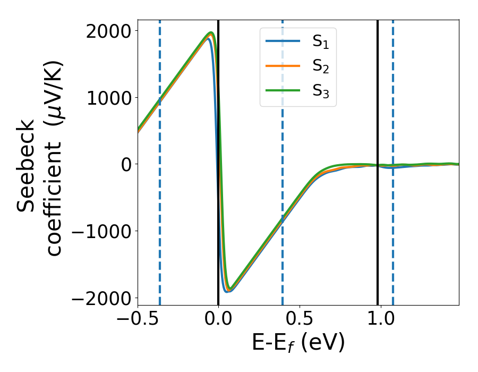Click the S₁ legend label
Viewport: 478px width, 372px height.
(x=320, y=42)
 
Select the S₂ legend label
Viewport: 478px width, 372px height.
(x=320, y=66)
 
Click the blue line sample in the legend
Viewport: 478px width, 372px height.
(x=284, y=41)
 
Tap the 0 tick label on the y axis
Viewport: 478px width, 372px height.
(x=126, y=164)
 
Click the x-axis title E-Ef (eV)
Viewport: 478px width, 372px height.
(x=298, y=343)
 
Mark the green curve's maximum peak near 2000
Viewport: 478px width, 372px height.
(x=211, y=33)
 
